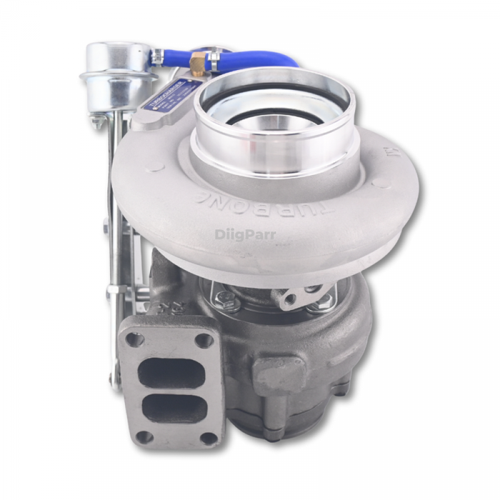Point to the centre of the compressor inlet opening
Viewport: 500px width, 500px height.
click(x=271, y=129)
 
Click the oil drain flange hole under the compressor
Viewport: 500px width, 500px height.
click(x=291, y=299)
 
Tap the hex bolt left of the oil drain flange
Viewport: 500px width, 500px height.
click(x=228, y=300)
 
